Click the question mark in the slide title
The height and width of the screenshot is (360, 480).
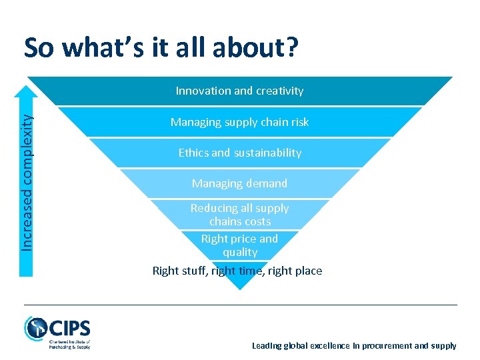coord(291,47)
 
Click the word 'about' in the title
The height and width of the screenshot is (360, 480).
coord(249,47)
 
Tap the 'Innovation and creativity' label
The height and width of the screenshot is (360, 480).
coord(239,91)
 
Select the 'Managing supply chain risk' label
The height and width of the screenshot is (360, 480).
coord(239,122)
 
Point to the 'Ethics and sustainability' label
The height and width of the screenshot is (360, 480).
coord(239,153)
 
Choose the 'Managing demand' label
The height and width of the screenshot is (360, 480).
coord(239,183)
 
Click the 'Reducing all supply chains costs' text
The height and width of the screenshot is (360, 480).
coord(239,215)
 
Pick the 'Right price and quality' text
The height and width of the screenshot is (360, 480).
coord(239,245)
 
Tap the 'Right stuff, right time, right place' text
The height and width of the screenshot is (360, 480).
coord(237,271)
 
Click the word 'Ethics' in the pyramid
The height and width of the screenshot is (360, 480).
coord(193,153)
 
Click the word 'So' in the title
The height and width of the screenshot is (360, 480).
coord(39,47)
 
